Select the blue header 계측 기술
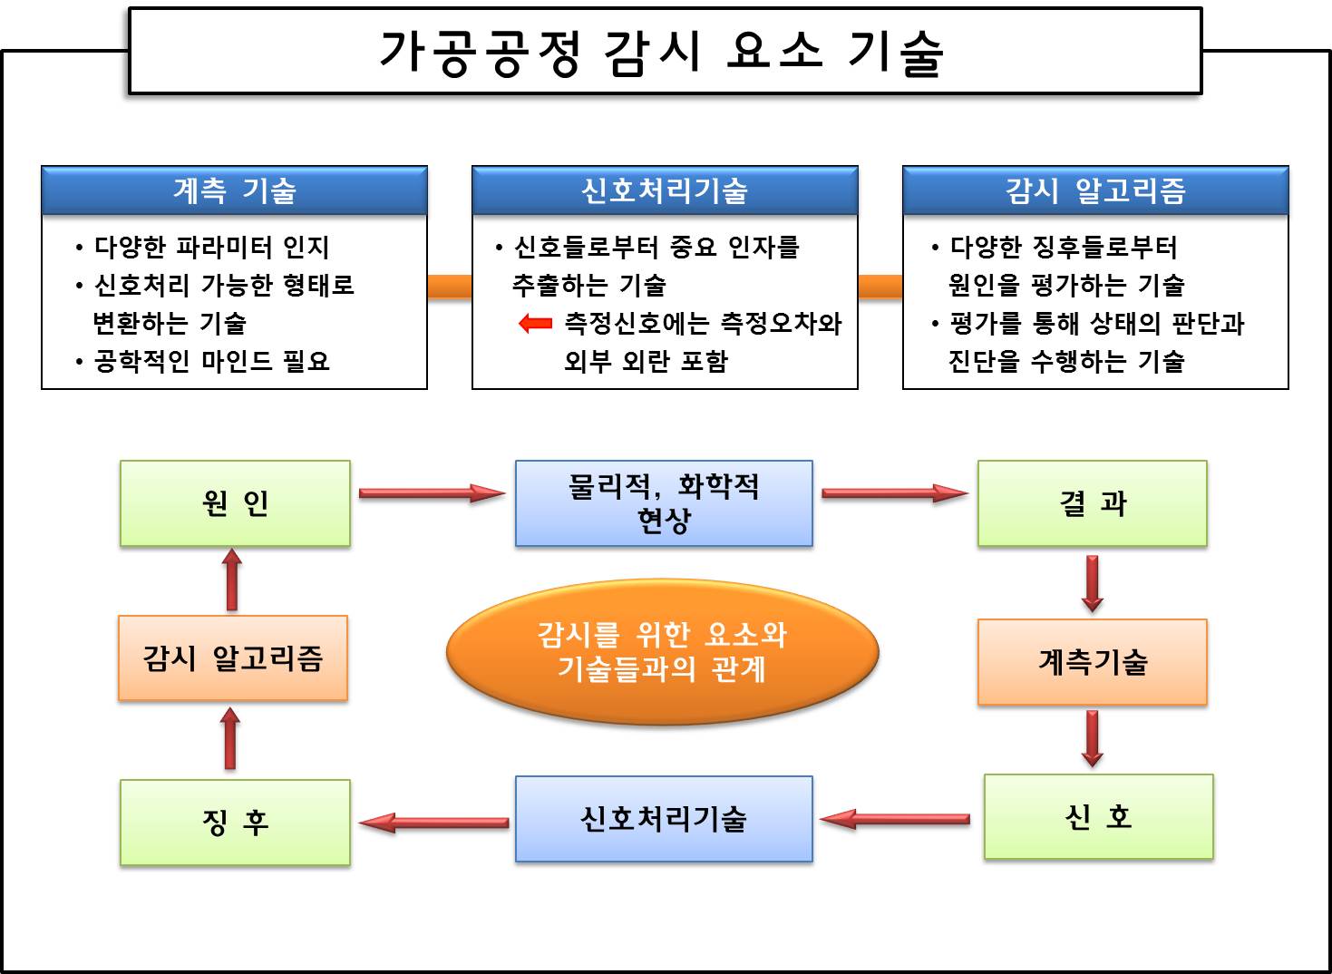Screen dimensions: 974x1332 [234, 190]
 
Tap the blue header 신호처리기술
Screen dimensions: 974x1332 [665, 190]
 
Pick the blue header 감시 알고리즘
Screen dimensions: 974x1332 [1095, 190]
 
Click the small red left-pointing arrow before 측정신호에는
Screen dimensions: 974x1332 [535, 323]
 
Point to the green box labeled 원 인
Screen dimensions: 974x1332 [235, 502]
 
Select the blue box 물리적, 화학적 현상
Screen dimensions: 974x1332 [664, 502]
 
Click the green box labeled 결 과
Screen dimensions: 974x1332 [1092, 502]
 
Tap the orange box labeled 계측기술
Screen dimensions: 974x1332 [1092, 661]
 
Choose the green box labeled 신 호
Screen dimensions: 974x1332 [1098, 816]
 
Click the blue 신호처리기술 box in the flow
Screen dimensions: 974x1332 [664, 818]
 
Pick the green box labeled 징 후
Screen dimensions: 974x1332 [235, 822]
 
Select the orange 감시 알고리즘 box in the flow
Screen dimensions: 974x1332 [233, 657]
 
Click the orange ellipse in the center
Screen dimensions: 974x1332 [663, 651]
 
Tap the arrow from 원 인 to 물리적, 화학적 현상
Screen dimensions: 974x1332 [432, 493]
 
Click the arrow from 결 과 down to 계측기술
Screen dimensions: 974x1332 [1092, 582]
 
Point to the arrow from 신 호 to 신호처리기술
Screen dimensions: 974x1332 [895, 819]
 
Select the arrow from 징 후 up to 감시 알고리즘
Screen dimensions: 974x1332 [230, 738]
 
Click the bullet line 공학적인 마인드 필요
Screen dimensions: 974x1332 [211, 361]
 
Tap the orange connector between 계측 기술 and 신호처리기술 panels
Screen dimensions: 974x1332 [450, 287]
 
